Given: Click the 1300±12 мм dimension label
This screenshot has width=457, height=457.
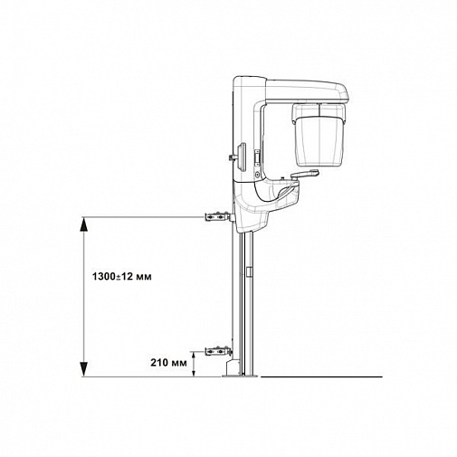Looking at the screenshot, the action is (x=122, y=276).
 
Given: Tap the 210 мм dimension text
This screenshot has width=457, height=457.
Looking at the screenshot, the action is (x=168, y=363).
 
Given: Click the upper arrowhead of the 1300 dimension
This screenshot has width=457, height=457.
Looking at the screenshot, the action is (x=83, y=224).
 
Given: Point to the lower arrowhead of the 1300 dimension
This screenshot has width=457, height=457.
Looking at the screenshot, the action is (x=83, y=369).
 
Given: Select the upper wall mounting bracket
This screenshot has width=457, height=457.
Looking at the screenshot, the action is (x=216, y=217).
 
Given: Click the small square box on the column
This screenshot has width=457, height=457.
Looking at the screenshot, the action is (x=249, y=271).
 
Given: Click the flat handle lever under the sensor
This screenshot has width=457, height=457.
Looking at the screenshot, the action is (x=304, y=174).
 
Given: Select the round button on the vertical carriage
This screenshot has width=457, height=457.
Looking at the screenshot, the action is (x=257, y=174).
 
